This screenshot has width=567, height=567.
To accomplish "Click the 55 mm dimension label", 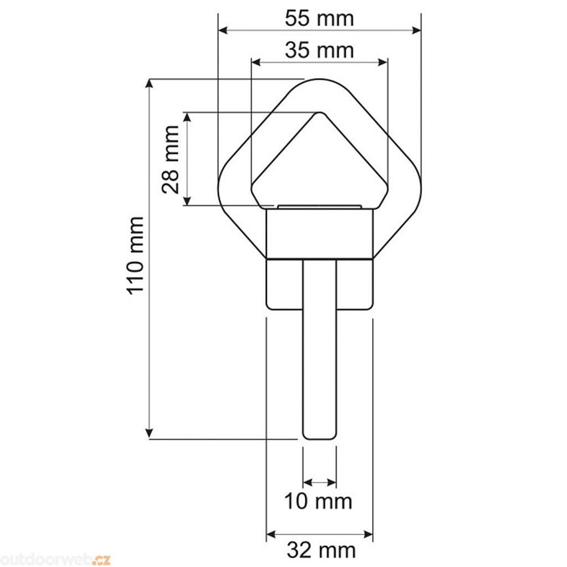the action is [319, 18].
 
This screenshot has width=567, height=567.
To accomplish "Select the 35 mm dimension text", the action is [319, 50].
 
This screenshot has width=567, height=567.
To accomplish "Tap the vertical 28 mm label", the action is [171, 159].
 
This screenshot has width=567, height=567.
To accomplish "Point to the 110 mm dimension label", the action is [136, 255].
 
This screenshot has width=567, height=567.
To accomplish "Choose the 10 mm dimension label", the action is [318, 502].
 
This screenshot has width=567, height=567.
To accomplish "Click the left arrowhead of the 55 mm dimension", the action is [224, 30].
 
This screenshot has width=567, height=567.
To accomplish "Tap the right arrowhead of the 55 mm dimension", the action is [416, 30].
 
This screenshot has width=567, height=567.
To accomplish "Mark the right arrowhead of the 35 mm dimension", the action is [383, 62].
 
